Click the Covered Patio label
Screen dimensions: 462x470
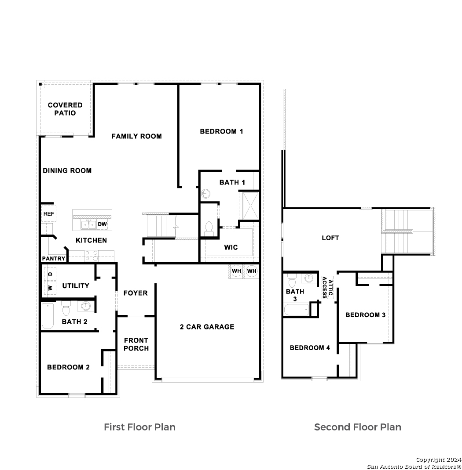(x=65, y=109)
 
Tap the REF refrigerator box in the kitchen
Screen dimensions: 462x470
(x=49, y=214)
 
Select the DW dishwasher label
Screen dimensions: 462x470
(x=103, y=224)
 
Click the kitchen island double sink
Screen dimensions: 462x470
(x=88, y=224)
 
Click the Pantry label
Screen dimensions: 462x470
(x=53, y=258)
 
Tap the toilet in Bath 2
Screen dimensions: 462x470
(x=66, y=308)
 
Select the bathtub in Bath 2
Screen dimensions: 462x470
(x=48, y=316)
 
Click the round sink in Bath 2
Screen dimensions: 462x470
(x=86, y=306)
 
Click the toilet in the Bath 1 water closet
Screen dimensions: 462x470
(x=208, y=229)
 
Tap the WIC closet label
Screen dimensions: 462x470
(x=231, y=247)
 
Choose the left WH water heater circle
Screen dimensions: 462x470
(x=237, y=271)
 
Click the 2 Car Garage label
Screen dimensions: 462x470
(x=207, y=327)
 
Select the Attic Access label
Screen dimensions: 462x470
(x=327, y=287)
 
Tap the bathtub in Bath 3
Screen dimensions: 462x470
(x=296, y=310)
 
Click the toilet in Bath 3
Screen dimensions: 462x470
(x=292, y=281)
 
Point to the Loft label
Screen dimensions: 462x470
(x=330, y=238)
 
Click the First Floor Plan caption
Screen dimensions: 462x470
(x=139, y=427)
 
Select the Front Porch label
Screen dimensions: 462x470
(x=136, y=344)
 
